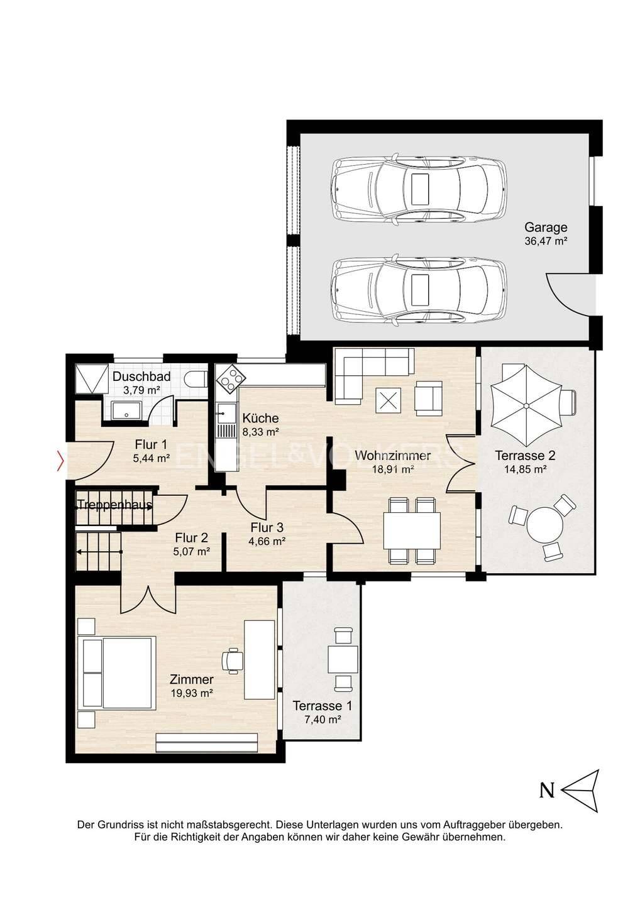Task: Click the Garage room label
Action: [546, 228]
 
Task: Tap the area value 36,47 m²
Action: [546, 241]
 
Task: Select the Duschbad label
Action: [141, 376]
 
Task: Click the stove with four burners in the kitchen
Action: [231, 378]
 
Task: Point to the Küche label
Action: [261, 418]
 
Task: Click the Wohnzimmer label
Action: [392, 455]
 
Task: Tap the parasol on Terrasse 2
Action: [526, 405]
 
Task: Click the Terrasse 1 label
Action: [322, 706]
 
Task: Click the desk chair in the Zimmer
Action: [233, 661]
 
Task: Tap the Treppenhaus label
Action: [114, 505]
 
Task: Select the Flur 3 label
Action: [267, 527]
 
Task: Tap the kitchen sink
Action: [226, 413]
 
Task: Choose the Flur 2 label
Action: [192, 538]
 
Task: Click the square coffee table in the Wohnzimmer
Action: [388, 400]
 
